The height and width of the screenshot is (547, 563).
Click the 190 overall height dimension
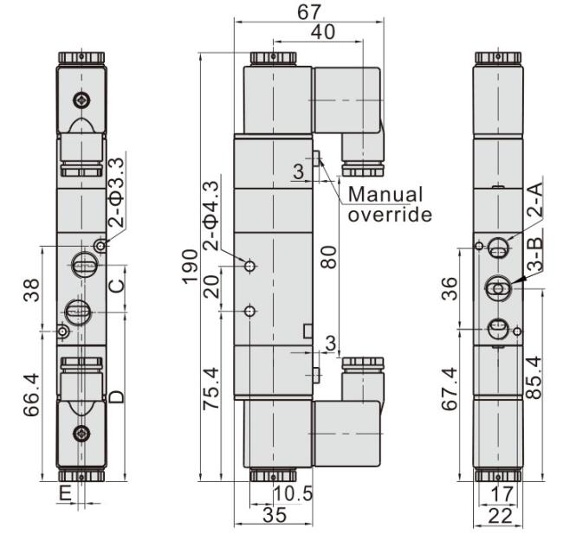(x=190, y=267)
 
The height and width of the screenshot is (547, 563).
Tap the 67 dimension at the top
(x=309, y=12)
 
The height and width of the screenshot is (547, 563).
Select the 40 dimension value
(x=323, y=31)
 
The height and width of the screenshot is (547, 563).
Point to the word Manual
(x=385, y=195)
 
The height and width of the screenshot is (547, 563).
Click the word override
(x=390, y=216)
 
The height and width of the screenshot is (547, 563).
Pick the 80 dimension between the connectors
(x=329, y=257)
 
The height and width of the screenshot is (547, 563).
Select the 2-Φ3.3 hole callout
(x=117, y=193)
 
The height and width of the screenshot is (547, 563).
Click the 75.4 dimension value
(x=211, y=389)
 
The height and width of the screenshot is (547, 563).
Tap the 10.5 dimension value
(x=294, y=493)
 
